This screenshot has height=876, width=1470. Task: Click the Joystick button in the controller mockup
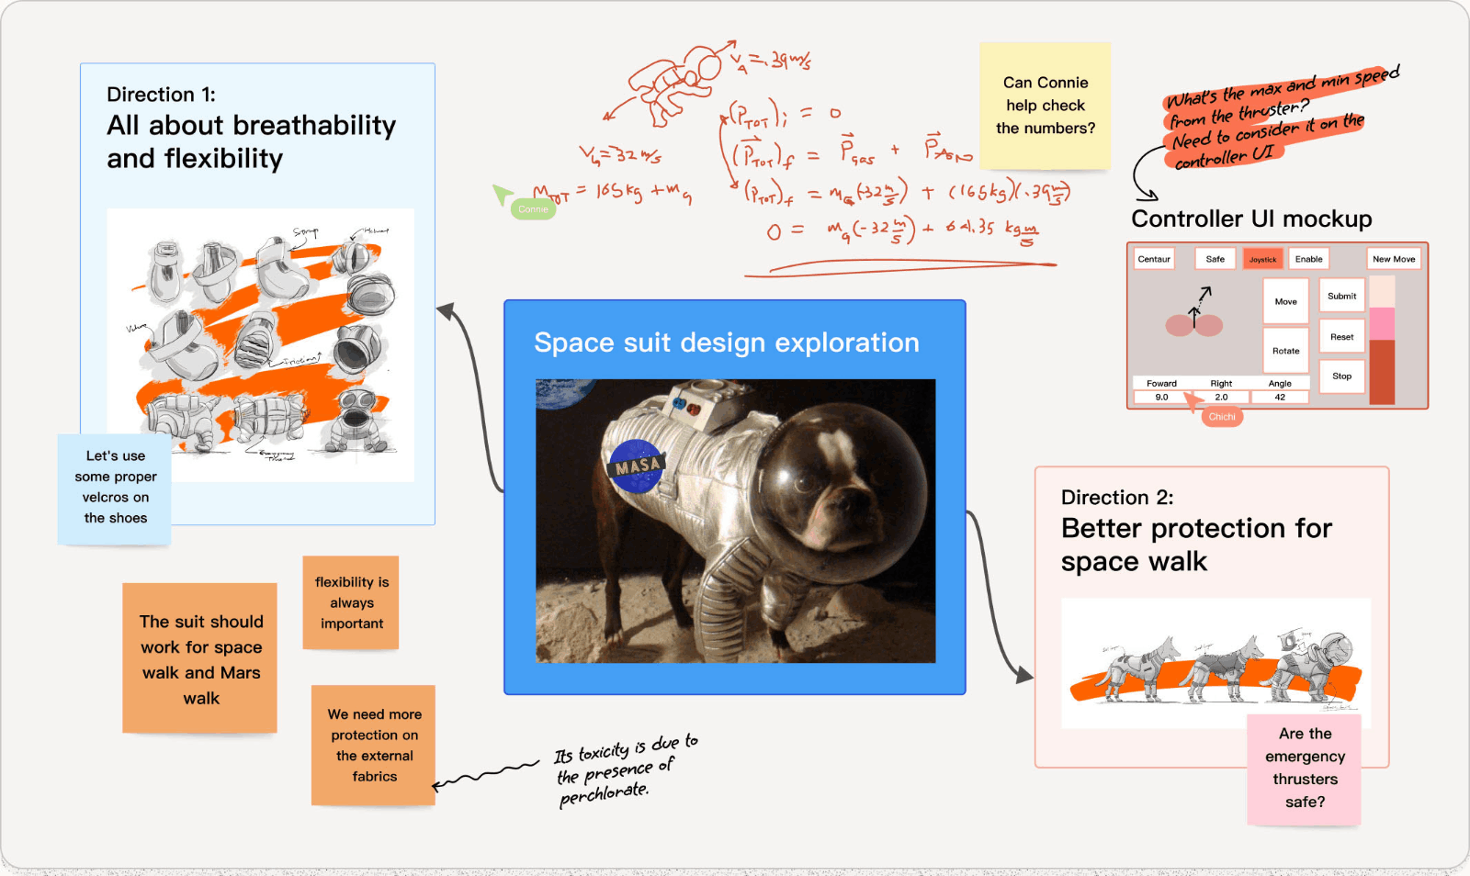point(1262,259)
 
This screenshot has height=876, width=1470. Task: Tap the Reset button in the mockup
point(1341,337)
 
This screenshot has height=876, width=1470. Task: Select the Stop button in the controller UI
point(1341,376)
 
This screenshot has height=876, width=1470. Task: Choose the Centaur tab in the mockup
point(1154,259)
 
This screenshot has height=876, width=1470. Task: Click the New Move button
point(1393,259)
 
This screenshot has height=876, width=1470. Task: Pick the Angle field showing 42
point(1280,398)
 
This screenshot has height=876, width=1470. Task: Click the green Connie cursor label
point(533,209)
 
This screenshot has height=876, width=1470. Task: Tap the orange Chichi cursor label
point(1222,417)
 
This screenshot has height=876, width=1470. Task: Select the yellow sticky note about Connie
point(1046,106)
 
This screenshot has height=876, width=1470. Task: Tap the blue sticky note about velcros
point(116,488)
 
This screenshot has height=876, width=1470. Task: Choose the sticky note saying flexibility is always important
point(351,602)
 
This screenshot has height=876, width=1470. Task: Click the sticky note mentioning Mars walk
point(200,658)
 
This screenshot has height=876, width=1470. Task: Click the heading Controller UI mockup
point(1251,219)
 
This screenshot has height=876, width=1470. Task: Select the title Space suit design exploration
point(726,343)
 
